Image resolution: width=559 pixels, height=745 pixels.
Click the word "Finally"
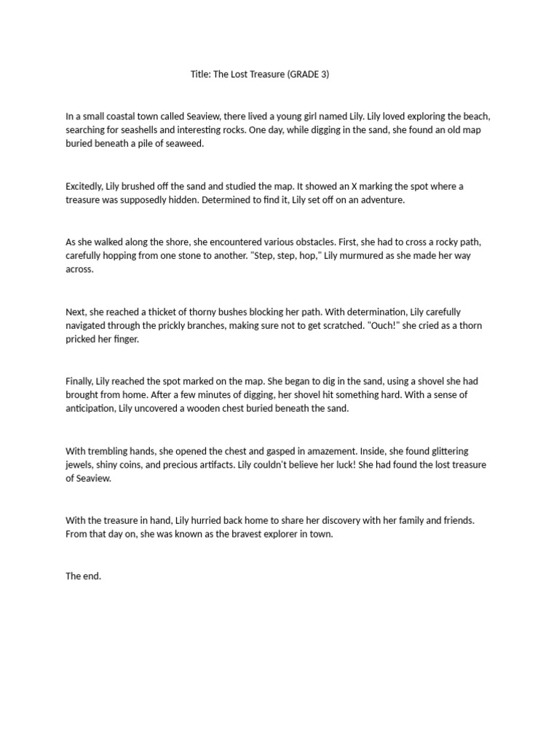click(80, 381)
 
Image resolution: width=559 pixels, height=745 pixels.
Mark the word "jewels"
click(80, 465)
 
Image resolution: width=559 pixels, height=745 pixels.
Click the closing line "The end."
click(84, 576)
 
